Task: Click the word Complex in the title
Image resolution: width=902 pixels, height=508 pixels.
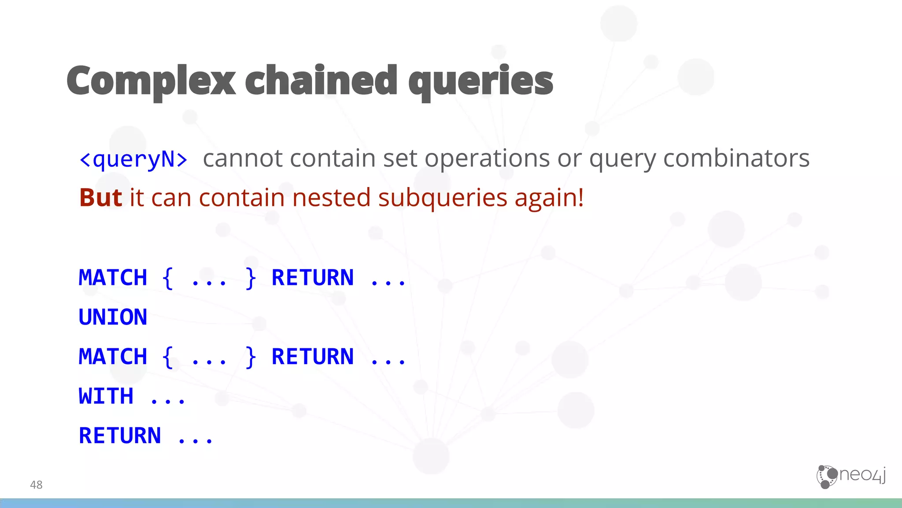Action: [x=151, y=81]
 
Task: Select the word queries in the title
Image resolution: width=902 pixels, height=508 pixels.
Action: [x=481, y=81]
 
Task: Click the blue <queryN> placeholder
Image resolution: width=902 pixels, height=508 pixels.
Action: [x=133, y=159]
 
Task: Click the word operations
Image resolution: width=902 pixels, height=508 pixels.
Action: [x=487, y=159]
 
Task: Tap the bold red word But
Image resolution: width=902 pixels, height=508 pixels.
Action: [x=100, y=197]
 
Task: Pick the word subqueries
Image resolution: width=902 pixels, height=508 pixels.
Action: [x=443, y=198]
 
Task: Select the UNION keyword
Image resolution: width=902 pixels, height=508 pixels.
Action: [x=113, y=317]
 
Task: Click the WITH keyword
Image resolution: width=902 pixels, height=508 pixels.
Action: [x=106, y=396]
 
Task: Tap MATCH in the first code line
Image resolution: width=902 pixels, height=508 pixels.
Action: [x=113, y=278]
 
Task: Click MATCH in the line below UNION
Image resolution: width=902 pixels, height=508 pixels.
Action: [x=113, y=357]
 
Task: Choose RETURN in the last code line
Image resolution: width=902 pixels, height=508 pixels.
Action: [x=120, y=436]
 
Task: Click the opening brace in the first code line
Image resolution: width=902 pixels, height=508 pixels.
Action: [x=167, y=278]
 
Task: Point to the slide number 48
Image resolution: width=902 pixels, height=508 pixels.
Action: [x=36, y=485]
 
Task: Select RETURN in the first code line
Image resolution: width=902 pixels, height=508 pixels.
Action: [x=312, y=278]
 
